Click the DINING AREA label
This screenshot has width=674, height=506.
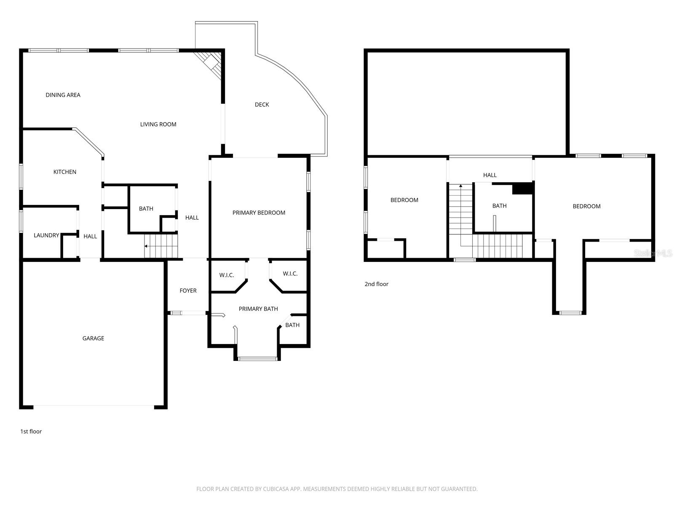click(x=63, y=95)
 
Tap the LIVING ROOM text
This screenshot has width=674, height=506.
click(x=158, y=124)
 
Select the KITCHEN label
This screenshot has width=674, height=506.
click(x=64, y=172)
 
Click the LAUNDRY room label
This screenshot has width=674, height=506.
click(x=46, y=235)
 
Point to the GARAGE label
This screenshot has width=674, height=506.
click(x=93, y=338)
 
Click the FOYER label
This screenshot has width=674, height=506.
click(x=188, y=291)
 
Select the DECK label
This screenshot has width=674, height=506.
click(x=262, y=105)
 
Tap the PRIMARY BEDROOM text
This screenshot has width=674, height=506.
click(x=259, y=213)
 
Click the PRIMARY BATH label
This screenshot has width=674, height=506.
click(x=258, y=309)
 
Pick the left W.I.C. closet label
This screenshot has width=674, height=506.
click(x=226, y=275)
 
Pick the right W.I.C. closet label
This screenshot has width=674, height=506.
click(x=290, y=274)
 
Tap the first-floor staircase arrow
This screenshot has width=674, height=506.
click(x=146, y=246)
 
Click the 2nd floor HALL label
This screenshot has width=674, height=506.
click(x=489, y=175)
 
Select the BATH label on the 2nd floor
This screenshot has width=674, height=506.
click(x=499, y=206)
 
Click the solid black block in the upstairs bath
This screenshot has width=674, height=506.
click(x=523, y=188)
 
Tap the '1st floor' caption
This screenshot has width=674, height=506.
click(x=31, y=431)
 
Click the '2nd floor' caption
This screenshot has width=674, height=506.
click(x=376, y=284)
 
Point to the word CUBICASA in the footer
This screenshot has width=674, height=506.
click(x=275, y=489)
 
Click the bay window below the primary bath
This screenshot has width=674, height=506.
click(x=257, y=359)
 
